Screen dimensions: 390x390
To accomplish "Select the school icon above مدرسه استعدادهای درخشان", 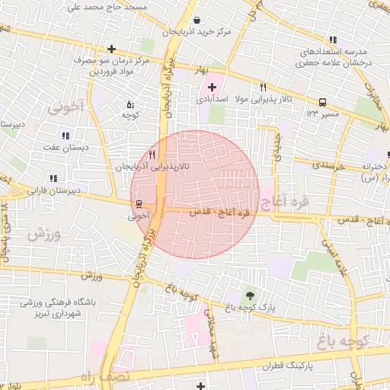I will (333, 40).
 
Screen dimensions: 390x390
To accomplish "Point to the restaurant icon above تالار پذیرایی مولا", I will (263, 88).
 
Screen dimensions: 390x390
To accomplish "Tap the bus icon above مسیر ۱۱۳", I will (322, 102).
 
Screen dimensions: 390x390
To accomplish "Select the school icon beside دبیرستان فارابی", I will (52, 180).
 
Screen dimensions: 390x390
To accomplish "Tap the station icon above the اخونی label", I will (138, 205).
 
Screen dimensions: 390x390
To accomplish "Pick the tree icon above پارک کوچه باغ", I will (250, 296).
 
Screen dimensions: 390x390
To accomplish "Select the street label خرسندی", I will (329, 165).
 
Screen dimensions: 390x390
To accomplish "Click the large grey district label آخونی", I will (66, 108).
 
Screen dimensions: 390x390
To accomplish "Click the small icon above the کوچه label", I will (129, 104).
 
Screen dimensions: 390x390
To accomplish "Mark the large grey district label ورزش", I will (44, 234).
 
